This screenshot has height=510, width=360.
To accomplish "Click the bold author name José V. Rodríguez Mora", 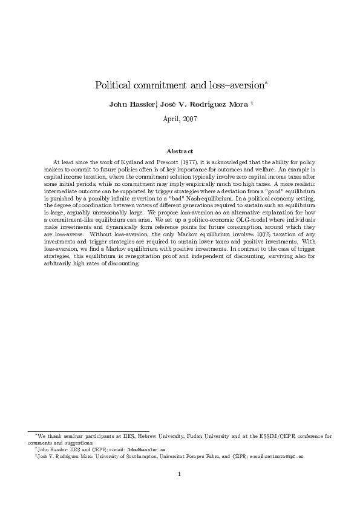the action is point(203,104).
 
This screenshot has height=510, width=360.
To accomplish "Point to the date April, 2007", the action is point(180,119).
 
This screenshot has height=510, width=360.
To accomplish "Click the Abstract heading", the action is point(180,151).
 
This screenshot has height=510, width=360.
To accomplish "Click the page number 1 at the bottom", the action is point(180,474).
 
